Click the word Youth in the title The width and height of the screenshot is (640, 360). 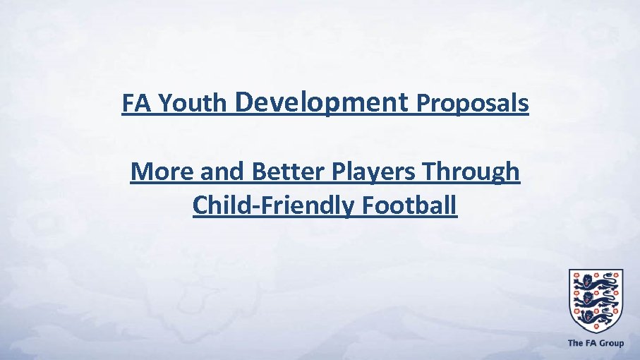(193, 104)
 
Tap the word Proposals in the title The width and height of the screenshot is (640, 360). (472, 104)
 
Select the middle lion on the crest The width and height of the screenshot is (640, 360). (596, 299)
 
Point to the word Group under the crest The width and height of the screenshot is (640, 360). (611, 344)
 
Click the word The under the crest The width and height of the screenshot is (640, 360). (575, 344)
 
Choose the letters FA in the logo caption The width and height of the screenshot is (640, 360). (590, 344)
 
